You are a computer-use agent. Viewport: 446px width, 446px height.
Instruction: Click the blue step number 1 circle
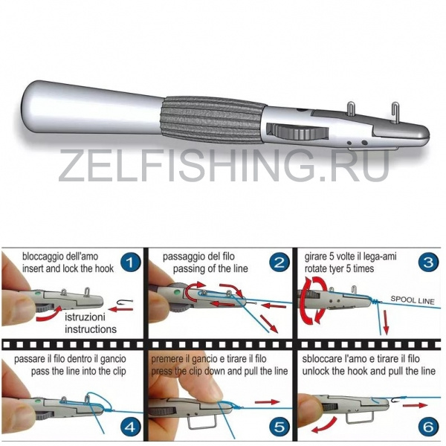pos(130,262)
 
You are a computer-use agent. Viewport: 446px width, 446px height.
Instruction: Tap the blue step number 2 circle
pos(279,262)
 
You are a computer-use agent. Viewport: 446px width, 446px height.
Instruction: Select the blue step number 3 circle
pos(428,262)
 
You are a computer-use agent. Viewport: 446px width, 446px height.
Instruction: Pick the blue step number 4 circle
pos(130,427)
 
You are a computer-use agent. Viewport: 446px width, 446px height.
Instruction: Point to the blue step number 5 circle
pos(279,427)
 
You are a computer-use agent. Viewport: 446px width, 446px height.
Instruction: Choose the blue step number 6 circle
pos(428,427)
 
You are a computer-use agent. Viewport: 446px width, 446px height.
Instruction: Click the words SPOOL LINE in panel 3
pos(413,300)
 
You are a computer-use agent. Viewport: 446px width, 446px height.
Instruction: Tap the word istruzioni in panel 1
pos(85,317)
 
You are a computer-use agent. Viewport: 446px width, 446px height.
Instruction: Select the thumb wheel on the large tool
pos(297,132)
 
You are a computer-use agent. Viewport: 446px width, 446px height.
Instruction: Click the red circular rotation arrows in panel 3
pos(313,301)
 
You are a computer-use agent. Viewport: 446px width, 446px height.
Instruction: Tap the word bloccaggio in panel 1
pos(41,256)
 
